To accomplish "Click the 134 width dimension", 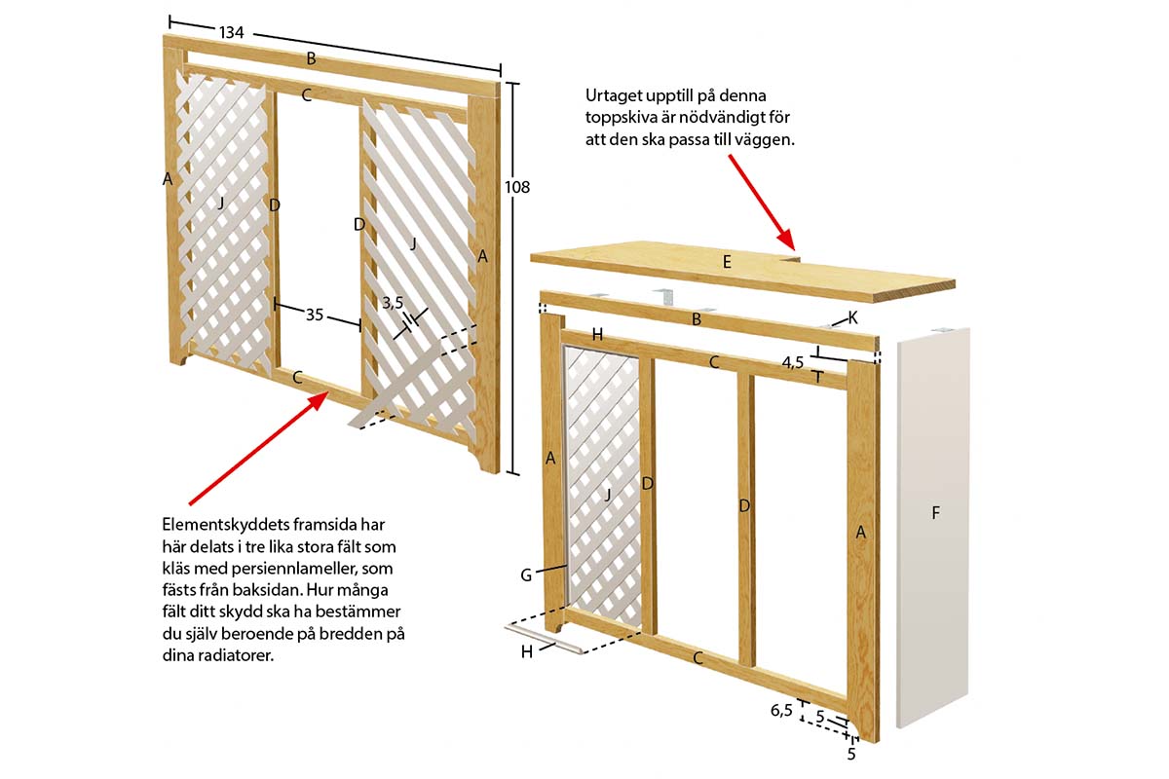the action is click(231, 33).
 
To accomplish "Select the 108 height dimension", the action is click(516, 187).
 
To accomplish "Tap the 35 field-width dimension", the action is click(315, 315).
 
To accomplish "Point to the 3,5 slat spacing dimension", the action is click(393, 303).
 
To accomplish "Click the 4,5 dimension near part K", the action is click(792, 362).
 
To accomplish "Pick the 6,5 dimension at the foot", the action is click(781, 710).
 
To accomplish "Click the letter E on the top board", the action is click(727, 262).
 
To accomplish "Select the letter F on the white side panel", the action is click(936, 513).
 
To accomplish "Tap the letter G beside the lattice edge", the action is click(526, 575).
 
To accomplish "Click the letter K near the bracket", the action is click(852, 317).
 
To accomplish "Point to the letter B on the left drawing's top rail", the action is click(311, 58).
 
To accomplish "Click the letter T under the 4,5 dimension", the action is click(817, 377).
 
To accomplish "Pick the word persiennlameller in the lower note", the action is click(294, 569).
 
